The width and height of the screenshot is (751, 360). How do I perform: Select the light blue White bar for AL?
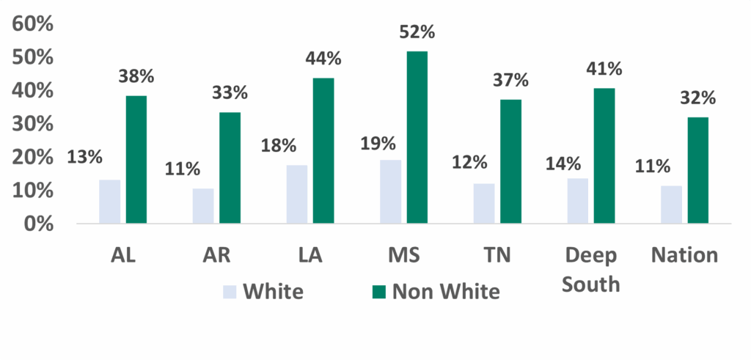coord(110,201)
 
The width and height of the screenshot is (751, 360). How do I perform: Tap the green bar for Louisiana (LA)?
coord(323,150)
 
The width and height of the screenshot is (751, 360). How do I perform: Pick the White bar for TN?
coord(484,203)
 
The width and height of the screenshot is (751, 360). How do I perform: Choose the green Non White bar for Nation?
coord(698,170)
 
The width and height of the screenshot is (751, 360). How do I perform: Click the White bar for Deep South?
coord(578,200)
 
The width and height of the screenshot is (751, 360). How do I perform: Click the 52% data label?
coord(417,33)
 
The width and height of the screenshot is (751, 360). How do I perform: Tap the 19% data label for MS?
coord(378,142)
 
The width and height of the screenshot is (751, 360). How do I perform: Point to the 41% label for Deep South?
coord(604,70)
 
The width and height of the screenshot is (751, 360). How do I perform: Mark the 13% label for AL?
coord(85,157)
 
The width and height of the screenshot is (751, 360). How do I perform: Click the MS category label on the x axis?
coord(403,255)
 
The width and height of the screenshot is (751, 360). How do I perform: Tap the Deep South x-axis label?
coord(591,268)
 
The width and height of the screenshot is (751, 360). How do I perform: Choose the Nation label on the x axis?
coord(684,255)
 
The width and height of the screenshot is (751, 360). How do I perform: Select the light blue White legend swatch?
coord(230,292)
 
